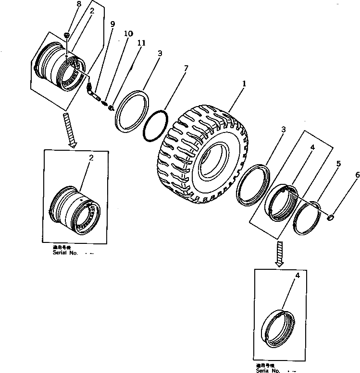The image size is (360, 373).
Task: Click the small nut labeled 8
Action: [68, 35]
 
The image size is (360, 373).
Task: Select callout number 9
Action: [112, 24]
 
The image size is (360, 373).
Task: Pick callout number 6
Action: [357, 176]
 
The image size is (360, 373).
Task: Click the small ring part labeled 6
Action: [330, 217]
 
